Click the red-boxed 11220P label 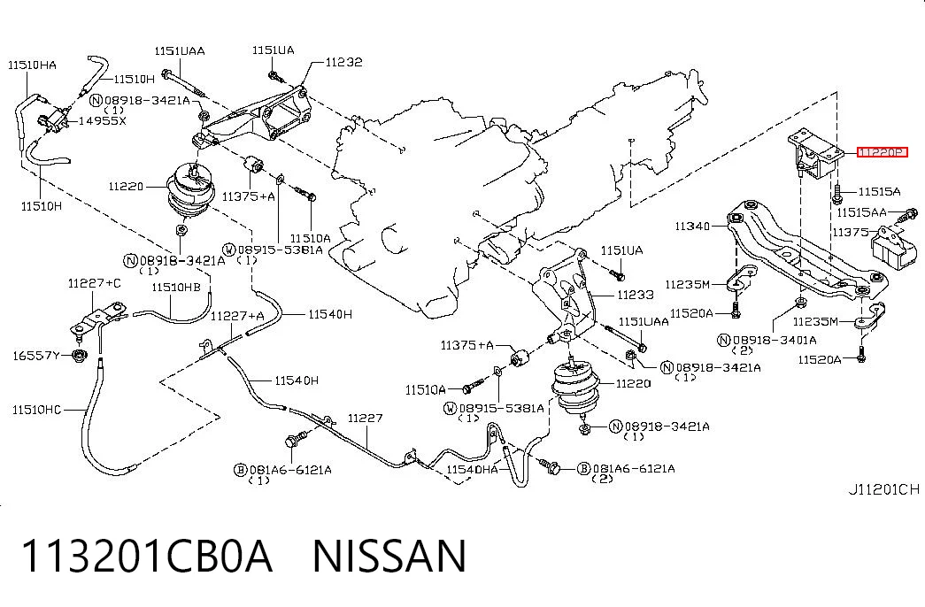click(x=882, y=153)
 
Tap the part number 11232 click(x=344, y=62)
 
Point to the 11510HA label click(x=33, y=65)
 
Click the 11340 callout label click(x=692, y=226)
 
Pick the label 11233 click(x=636, y=295)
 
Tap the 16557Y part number click(x=36, y=356)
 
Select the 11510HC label click(x=36, y=410)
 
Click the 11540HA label click(x=472, y=470)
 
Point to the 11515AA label click(x=862, y=212)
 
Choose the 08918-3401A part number click(x=775, y=340)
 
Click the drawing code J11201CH click(x=883, y=489)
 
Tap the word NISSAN click(x=389, y=556)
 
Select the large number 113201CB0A click(x=147, y=556)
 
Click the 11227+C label click(x=95, y=284)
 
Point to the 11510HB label click(x=176, y=288)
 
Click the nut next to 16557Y click(x=77, y=355)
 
